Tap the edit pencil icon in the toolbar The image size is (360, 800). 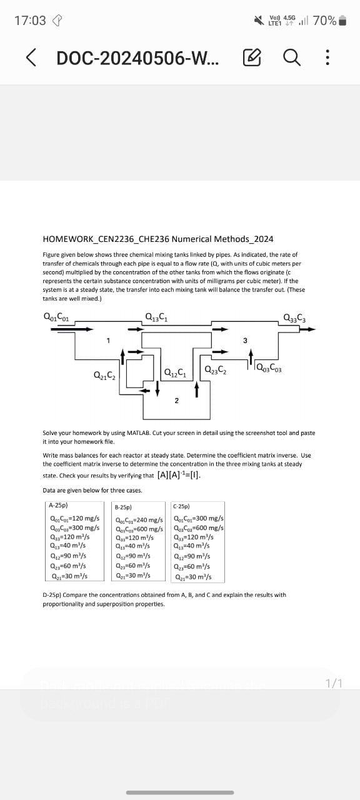(x=252, y=58)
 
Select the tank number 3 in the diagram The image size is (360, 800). (x=245, y=341)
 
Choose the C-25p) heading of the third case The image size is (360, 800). (x=182, y=506)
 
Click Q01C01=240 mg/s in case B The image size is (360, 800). (x=139, y=520)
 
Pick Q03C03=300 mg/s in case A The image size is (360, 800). (x=74, y=527)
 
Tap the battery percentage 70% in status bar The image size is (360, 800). (x=324, y=21)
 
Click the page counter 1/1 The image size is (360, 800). (x=334, y=683)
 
